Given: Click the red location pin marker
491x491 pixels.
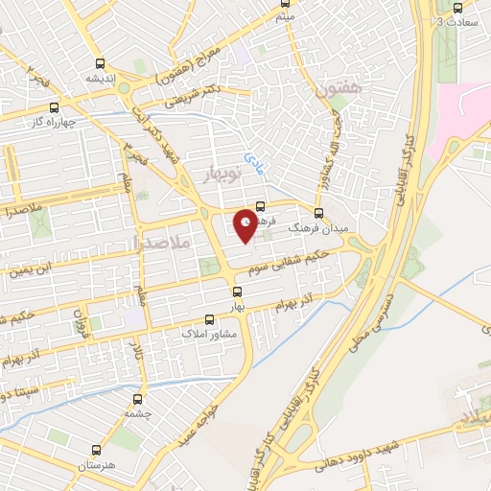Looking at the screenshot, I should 245,223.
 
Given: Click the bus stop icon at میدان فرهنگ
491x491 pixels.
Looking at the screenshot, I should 319,213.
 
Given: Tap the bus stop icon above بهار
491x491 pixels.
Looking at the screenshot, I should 237,290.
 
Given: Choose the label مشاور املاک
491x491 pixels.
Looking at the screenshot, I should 210,337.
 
